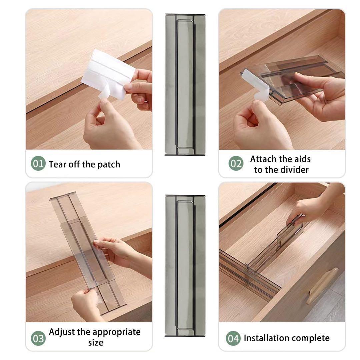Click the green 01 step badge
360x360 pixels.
[x=38, y=163]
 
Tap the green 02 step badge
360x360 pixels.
[x=236, y=163]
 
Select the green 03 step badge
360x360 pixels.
[x=38, y=338]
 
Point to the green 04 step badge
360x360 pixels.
[x=233, y=338]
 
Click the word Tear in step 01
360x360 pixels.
[x=57, y=164]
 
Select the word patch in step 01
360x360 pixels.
[x=109, y=165]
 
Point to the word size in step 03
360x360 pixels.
[x=96, y=343]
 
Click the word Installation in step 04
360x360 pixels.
[x=267, y=338]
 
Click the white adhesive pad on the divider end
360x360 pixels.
[x=256, y=85]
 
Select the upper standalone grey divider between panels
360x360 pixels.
[x=185, y=84]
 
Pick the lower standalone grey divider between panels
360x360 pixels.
[x=185, y=266]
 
